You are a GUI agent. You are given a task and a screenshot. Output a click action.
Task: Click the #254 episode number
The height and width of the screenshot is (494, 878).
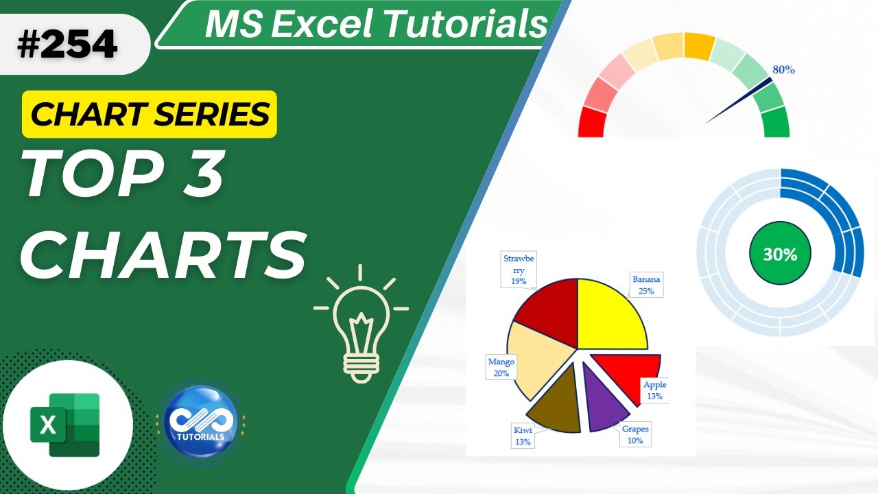click(67, 45)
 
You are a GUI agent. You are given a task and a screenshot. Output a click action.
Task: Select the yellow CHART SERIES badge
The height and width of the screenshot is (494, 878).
click(150, 115)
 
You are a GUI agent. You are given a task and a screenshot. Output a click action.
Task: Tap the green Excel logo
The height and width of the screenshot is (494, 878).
click(65, 425)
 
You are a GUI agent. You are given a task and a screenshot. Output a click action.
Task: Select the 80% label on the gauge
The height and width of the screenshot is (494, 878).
click(783, 69)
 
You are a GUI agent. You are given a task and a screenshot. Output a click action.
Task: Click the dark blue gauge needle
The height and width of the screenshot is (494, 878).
click(741, 101)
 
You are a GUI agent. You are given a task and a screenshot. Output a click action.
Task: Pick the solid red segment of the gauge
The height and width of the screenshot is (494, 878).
click(591, 123)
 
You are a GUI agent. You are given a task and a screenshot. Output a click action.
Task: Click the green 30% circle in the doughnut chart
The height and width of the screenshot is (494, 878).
click(780, 255)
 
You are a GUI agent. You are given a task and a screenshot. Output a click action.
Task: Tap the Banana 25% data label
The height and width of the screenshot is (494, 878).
click(646, 285)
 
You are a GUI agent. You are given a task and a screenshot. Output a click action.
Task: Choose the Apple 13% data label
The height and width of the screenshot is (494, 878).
click(654, 390)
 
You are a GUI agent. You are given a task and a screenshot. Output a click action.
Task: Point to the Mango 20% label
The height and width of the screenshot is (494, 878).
click(501, 367)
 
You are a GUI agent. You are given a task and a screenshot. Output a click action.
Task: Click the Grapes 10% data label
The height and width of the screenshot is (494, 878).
click(634, 434)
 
